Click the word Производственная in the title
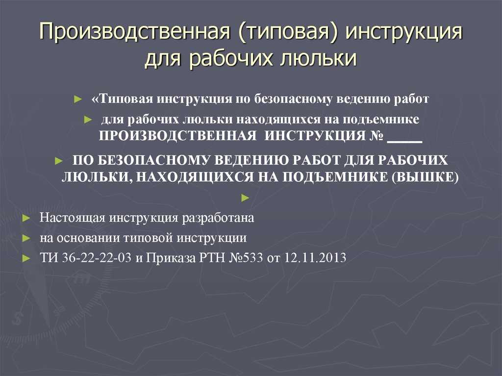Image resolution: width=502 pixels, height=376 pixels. [x=134, y=34]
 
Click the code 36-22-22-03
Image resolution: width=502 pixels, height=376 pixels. [x=97, y=258]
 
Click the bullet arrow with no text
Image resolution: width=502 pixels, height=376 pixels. [x=245, y=197]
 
